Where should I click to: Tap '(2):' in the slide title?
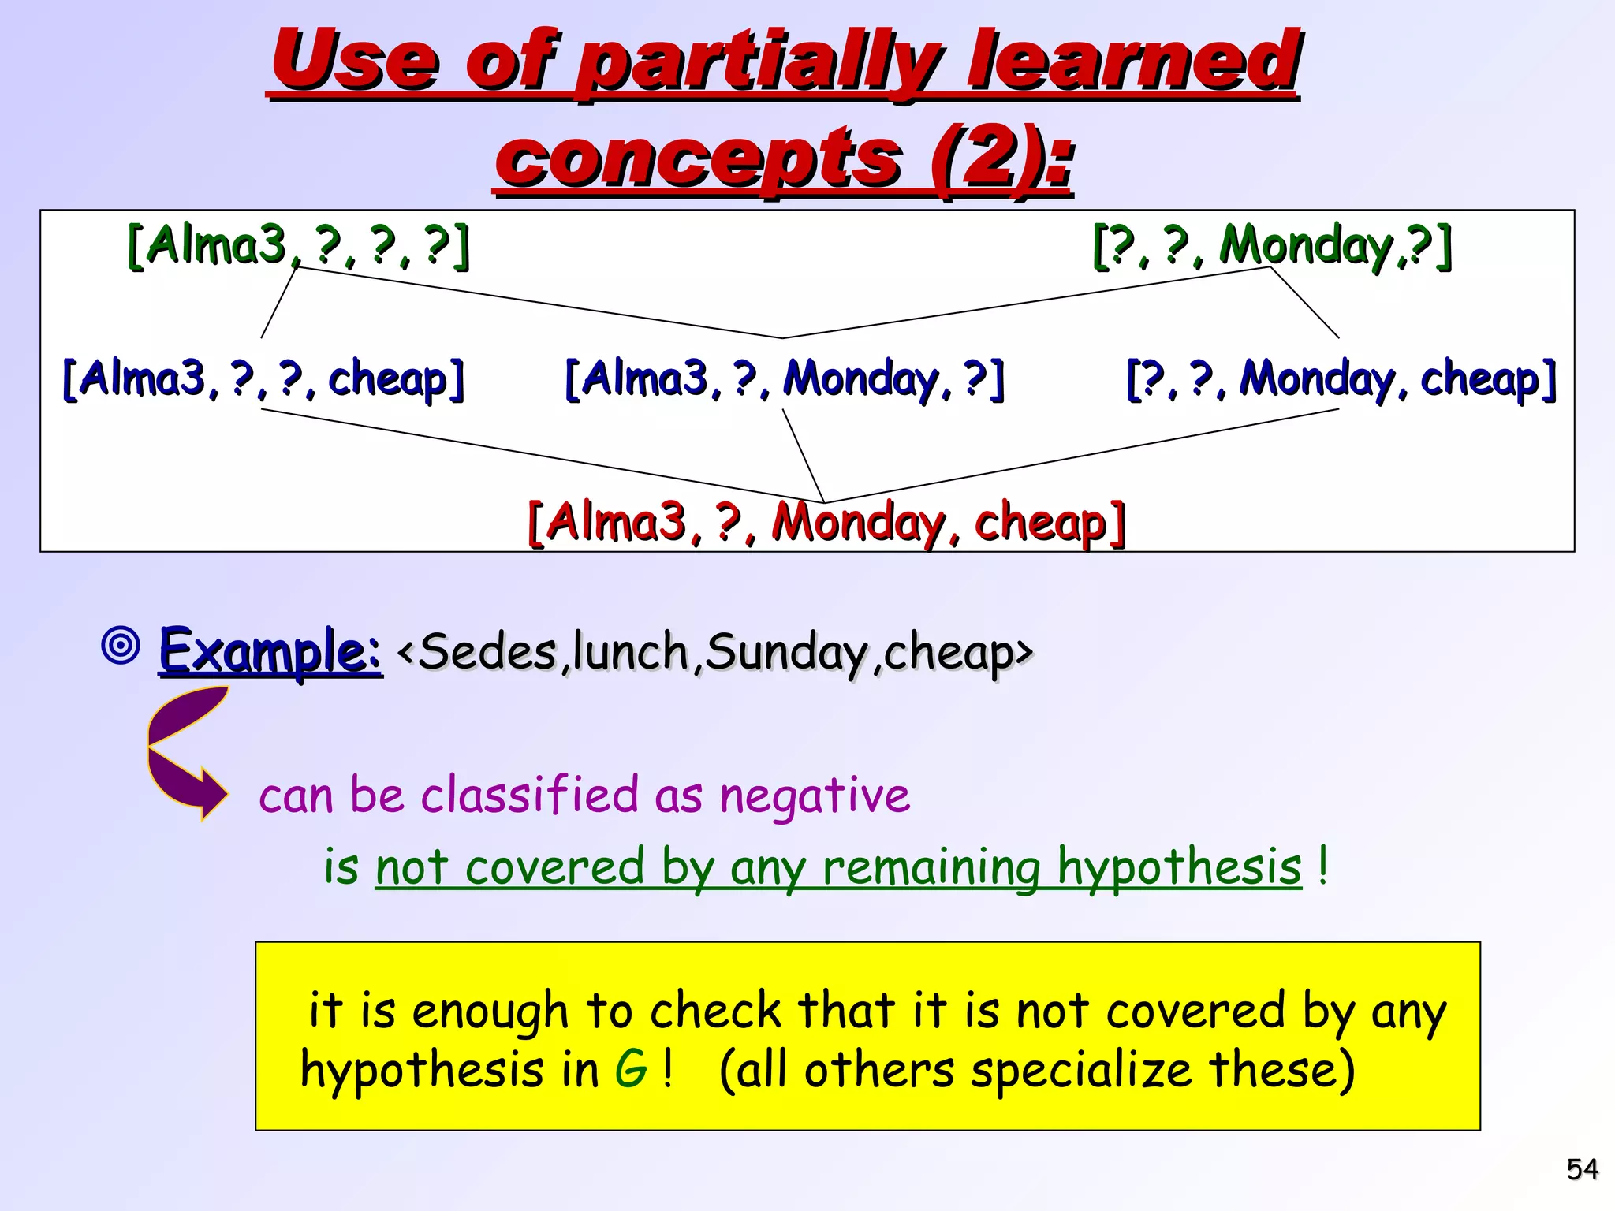pos(1001,158)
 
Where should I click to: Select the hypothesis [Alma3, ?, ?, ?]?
pos(298,245)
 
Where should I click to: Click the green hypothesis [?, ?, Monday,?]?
pos(1271,245)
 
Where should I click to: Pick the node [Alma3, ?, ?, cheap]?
pos(263,379)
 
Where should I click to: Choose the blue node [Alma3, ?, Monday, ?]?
pos(785,379)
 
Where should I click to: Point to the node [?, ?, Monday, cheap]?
pos(1341,379)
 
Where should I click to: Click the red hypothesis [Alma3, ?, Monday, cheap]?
pos(826,523)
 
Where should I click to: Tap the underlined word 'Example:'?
pos(270,651)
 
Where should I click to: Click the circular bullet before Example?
pos(121,646)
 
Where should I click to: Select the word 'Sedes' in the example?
pos(487,653)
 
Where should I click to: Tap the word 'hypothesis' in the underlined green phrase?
pos(1179,867)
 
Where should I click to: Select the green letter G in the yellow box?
pos(631,1071)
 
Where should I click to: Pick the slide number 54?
pos(1582,1168)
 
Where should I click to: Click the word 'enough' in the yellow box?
pos(490,1011)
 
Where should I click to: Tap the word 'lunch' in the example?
pos(631,653)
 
